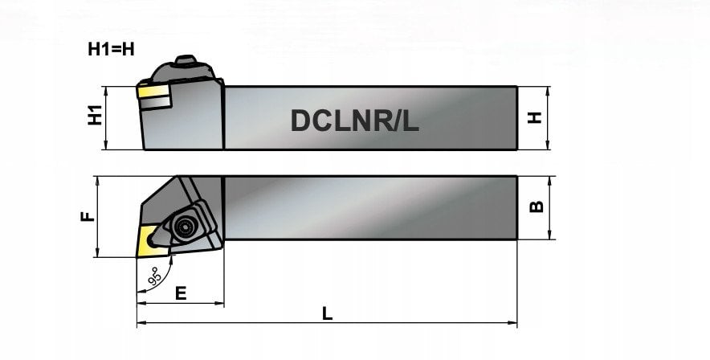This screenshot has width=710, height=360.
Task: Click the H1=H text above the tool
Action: pyautogui.click(x=111, y=49)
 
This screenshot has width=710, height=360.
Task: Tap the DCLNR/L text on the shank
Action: pyautogui.click(x=354, y=121)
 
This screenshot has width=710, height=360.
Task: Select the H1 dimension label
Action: pyautogui.click(x=95, y=115)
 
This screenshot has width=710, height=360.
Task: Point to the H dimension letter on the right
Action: pyautogui.click(x=535, y=118)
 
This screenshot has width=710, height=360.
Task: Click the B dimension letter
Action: pyautogui.click(x=537, y=207)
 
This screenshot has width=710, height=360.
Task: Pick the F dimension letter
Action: pyautogui.click(x=88, y=216)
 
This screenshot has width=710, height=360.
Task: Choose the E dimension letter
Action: pyautogui.click(x=181, y=293)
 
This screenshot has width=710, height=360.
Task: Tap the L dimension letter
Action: pyautogui.click(x=328, y=313)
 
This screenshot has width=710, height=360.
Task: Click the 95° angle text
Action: pyautogui.click(x=155, y=276)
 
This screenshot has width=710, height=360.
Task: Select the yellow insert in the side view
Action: pyautogui.click(x=153, y=92)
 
